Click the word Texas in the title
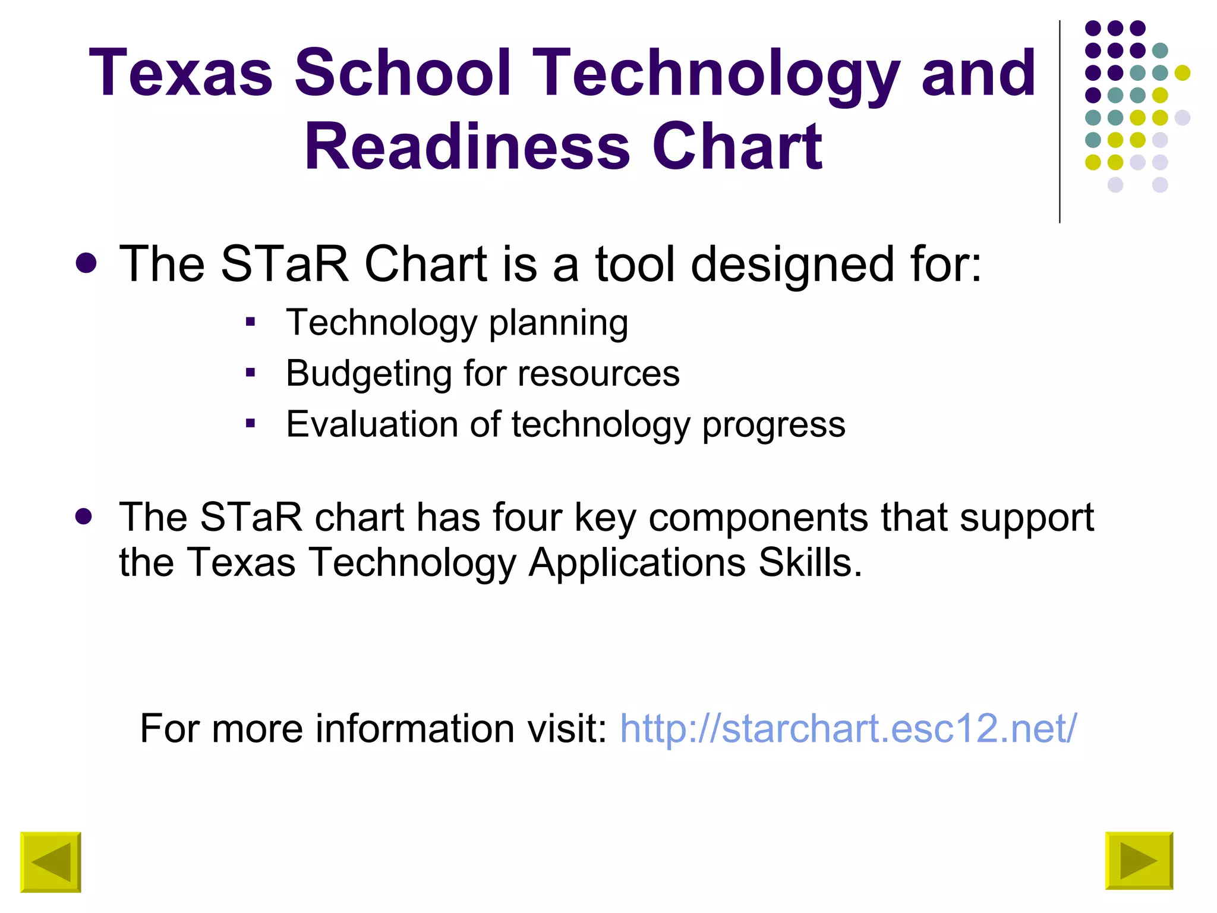pos(181,73)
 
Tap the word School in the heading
pos(402,73)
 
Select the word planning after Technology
pos(559,324)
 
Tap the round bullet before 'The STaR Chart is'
pos(87,263)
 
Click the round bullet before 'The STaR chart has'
pos(84,516)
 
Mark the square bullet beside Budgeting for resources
pos(250,373)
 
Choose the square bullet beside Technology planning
pos(250,323)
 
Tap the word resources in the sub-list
pos(598,374)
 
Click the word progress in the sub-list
pos(774,426)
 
